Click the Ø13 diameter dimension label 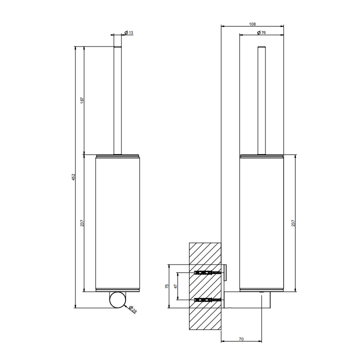(x=129, y=33)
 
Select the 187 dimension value (x=81, y=100)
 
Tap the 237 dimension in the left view (x=81, y=223)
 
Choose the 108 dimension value (x=252, y=23)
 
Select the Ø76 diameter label (x=260, y=33)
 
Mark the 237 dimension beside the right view (x=293, y=223)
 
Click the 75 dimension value (x=167, y=286)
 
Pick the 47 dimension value (x=175, y=286)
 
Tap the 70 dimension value (x=241, y=339)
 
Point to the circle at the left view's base (x=117, y=300)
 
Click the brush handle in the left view (x=117, y=100)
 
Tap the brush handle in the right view (x=261, y=100)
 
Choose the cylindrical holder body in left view (x=117, y=222)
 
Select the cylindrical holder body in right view (x=261, y=222)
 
